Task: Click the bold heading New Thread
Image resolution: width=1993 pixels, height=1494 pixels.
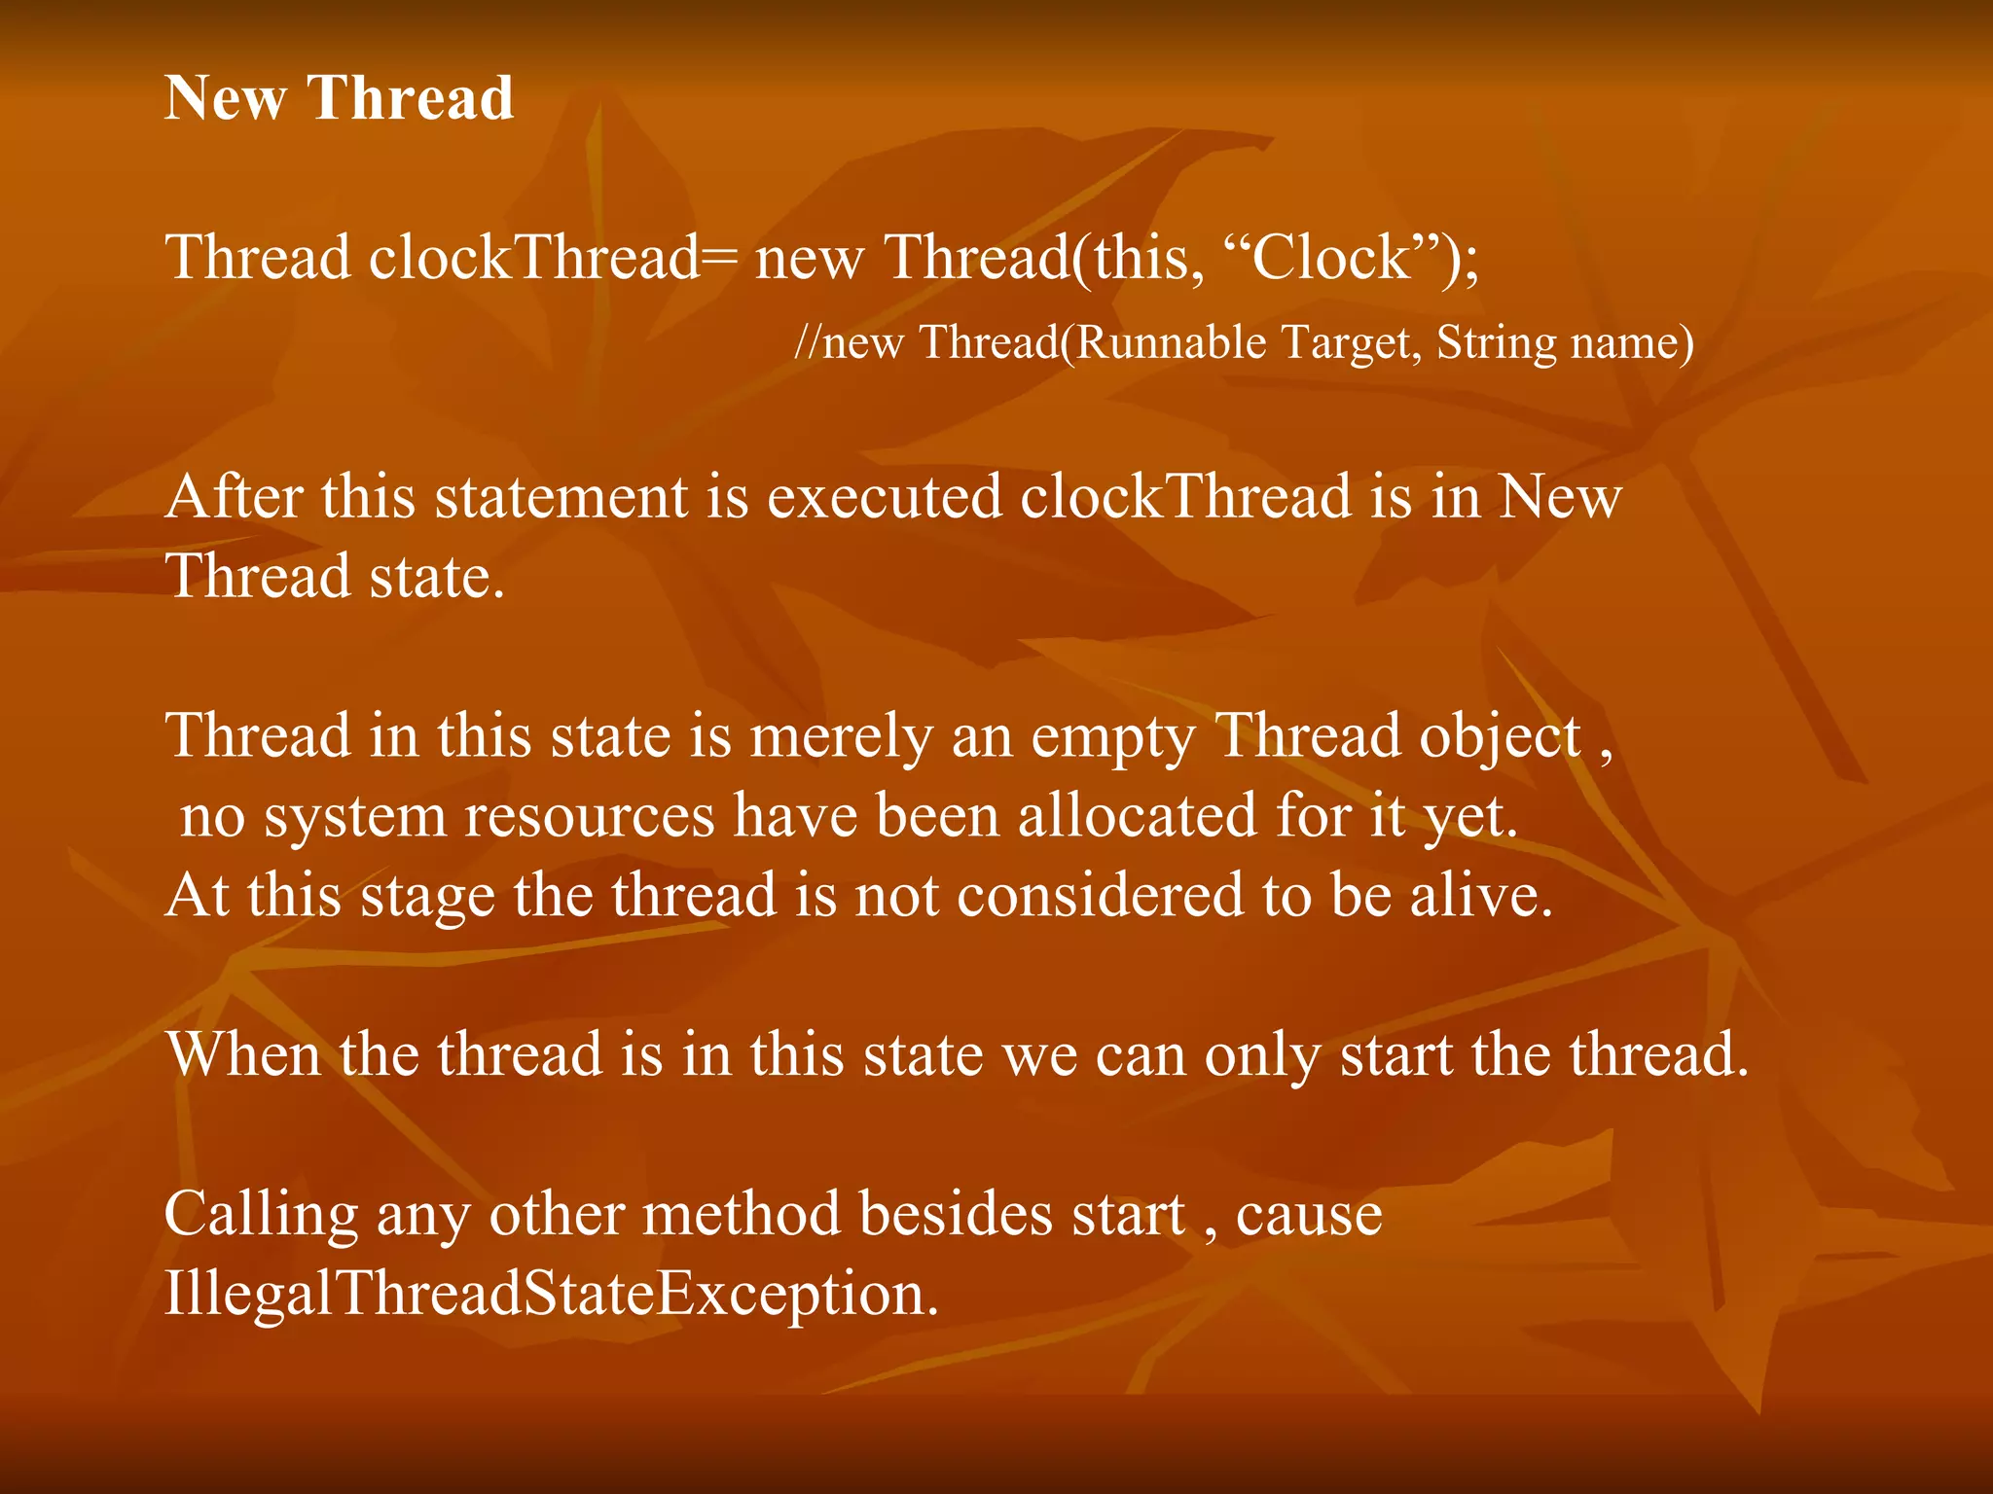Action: [x=339, y=98]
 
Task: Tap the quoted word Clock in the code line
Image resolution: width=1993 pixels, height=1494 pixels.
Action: [x=1330, y=258]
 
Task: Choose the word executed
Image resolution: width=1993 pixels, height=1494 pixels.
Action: [x=885, y=497]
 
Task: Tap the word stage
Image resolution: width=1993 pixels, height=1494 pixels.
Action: [x=427, y=897]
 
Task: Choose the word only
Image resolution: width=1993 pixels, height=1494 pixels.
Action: [x=1262, y=1056]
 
